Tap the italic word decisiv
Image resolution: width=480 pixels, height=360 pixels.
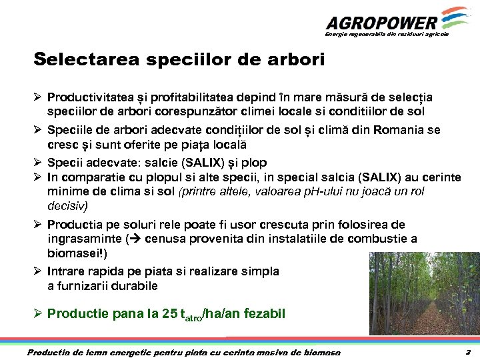click(67, 205)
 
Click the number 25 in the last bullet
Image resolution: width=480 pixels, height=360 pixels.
click(169, 313)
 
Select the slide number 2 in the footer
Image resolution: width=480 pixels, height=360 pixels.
click(468, 352)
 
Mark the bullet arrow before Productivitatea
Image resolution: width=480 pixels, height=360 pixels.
click(39, 97)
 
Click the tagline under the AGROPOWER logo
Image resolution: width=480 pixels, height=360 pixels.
click(387, 33)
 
